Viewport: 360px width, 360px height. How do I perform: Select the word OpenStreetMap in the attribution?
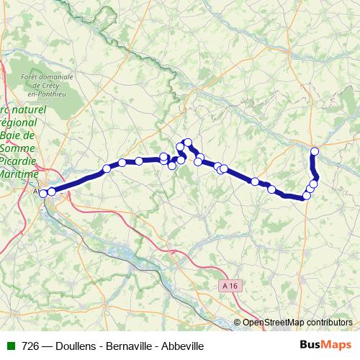pos(274,323)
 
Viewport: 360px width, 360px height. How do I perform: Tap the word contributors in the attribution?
pos(330,323)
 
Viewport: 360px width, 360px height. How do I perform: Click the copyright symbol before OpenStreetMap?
pos(238,323)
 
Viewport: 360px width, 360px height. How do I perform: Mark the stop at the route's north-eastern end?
pos(315,150)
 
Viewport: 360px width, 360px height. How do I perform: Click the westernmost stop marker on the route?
pos(43,193)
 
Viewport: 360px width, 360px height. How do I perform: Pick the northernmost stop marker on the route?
pos(188,143)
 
